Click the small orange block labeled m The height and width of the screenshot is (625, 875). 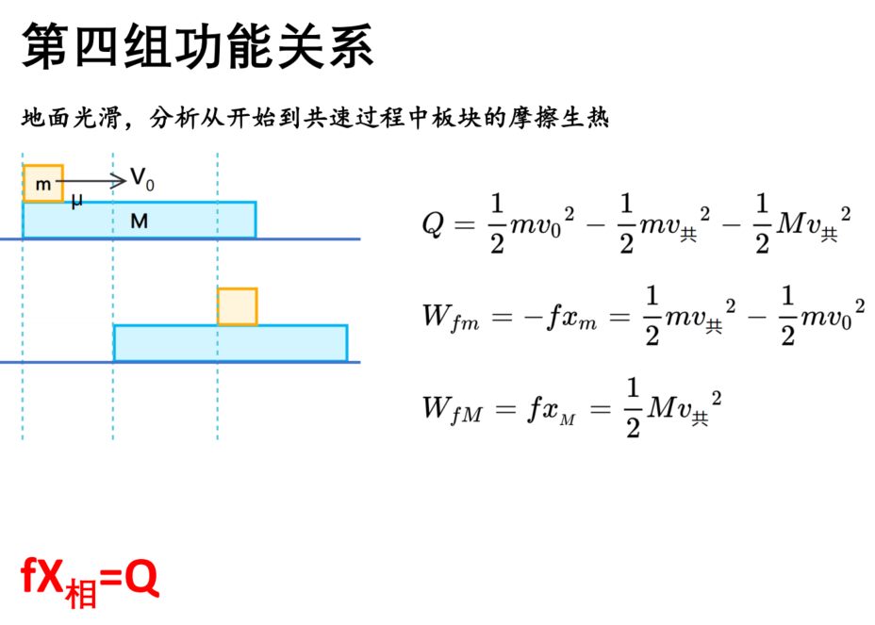(43, 183)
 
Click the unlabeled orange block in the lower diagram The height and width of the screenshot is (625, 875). (238, 306)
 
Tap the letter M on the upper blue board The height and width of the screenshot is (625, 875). (139, 222)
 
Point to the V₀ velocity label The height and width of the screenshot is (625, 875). (142, 179)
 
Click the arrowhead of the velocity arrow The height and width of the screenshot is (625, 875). (119, 181)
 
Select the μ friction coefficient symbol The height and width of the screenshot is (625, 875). (77, 202)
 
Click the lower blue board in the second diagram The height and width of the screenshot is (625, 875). (230, 343)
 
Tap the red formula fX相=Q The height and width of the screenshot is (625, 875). (90, 582)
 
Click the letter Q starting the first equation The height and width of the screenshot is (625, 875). (434, 225)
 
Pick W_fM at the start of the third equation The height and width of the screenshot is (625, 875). (452, 409)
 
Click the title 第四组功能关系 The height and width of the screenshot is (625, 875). (198, 46)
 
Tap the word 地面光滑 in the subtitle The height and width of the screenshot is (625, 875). (72, 118)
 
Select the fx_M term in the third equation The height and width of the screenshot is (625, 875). (552, 410)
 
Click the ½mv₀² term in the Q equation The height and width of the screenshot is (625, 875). (532, 223)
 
